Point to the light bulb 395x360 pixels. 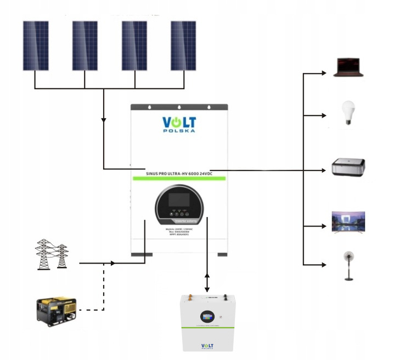[346, 113]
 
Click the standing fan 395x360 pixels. [348, 265]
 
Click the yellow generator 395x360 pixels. [56, 310]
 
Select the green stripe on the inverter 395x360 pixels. [179, 179]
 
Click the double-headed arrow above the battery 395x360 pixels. [207, 280]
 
